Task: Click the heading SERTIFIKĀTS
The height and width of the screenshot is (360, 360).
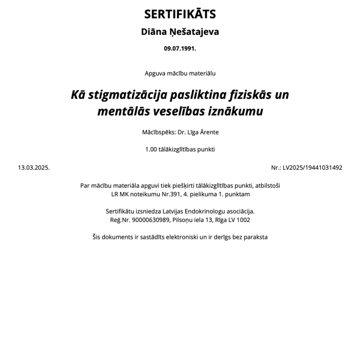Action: click(180, 14)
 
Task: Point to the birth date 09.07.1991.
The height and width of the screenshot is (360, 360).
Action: click(180, 48)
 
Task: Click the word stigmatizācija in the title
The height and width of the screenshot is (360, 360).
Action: click(125, 95)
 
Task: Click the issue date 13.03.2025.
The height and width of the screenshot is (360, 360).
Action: click(34, 168)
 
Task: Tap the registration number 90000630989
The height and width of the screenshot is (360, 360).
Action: click(151, 220)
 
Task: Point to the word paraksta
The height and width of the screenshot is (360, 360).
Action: click(254, 237)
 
